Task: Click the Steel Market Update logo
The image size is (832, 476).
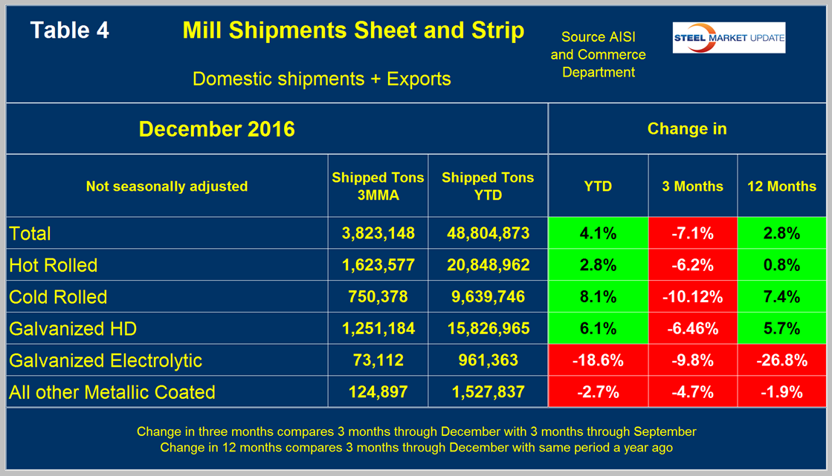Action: point(729,38)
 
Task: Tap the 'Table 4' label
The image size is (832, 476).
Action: point(69,30)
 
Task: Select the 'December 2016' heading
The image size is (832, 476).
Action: point(216,128)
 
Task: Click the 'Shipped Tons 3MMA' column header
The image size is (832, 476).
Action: point(378,186)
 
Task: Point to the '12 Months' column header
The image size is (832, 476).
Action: point(781,186)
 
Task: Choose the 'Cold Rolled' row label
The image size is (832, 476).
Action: point(58,297)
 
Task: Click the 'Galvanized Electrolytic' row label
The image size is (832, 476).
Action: point(106,360)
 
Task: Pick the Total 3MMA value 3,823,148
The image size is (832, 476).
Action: point(378,233)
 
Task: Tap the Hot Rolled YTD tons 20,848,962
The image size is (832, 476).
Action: point(487,265)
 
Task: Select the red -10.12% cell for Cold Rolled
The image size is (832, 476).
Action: point(693,297)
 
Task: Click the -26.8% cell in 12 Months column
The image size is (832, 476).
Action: point(781,360)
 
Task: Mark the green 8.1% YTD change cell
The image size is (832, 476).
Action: point(598,297)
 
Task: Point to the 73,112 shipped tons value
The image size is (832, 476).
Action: point(378,360)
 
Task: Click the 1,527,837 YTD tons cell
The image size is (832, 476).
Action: point(487,392)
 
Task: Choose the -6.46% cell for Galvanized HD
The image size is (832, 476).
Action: point(693,328)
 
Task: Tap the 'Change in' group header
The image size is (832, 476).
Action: point(687,128)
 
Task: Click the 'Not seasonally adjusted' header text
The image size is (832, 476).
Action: point(167,186)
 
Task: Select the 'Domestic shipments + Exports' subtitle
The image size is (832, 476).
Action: point(321,79)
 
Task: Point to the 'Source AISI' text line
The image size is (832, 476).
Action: point(598,36)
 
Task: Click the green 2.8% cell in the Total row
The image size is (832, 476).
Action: point(781,233)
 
